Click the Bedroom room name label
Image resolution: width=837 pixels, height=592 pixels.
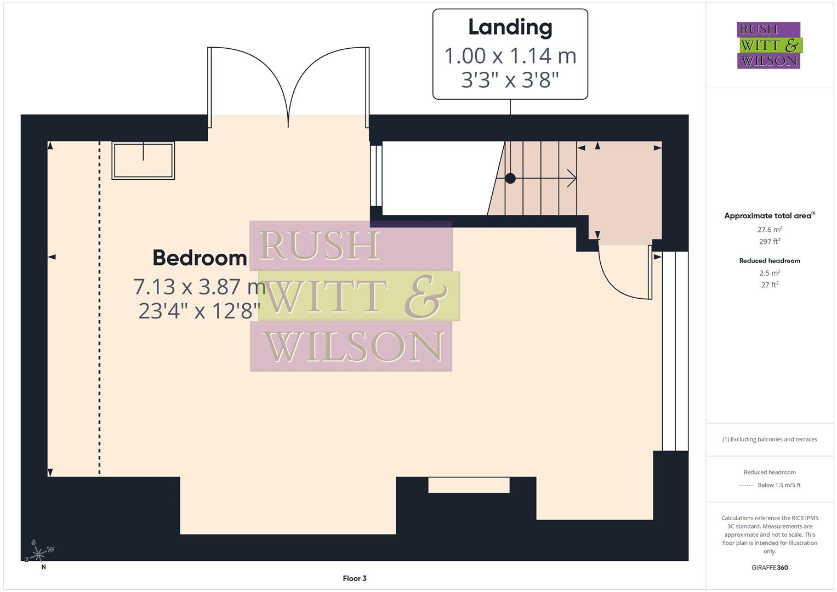(200, 258)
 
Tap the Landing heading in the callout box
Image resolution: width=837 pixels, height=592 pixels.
(510, 27)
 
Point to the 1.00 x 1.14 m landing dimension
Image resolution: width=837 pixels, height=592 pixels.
(510, 55)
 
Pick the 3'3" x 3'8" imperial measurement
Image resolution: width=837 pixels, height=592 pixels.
(510, 80)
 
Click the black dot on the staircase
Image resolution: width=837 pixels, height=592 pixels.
(510, 178)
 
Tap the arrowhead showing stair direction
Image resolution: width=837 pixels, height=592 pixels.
(572, 178)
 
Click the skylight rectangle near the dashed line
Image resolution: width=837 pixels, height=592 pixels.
(143, 161)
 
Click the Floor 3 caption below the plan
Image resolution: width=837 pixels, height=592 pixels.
(355, 578)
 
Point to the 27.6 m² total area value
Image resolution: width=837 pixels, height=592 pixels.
(770, 230)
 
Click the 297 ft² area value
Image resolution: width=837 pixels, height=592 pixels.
(770, 241)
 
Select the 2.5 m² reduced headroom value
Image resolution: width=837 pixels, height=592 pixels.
(770, 273)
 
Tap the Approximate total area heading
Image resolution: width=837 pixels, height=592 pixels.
(769, 216)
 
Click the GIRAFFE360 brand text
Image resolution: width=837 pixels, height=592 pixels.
(770, 568)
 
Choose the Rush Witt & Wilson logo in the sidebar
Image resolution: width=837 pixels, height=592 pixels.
(768, 45)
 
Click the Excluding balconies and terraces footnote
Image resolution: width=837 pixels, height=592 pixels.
(770, 439)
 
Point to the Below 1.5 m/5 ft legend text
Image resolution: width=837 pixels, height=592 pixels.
(779, 485)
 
